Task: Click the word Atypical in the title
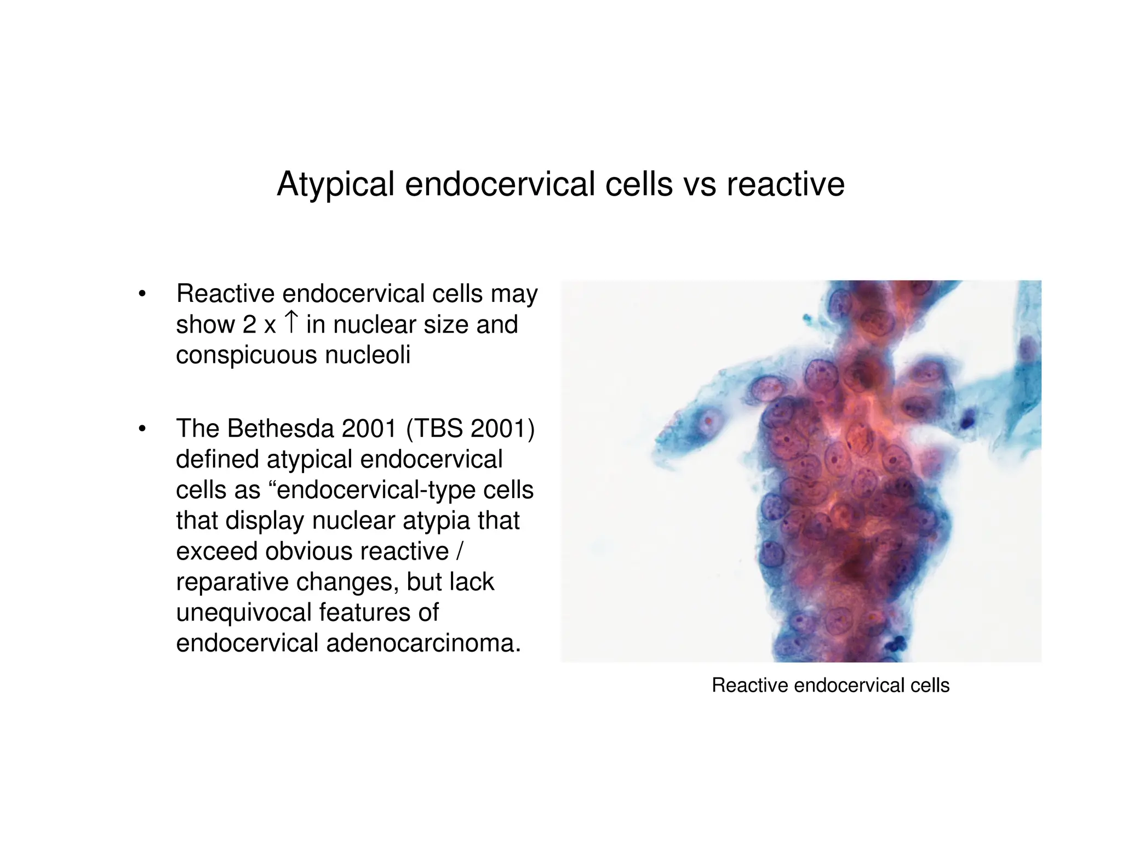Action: (335, 184)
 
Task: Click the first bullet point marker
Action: (142, 294)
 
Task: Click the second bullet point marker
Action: (142, 429)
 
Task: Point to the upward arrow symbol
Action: (291, 322)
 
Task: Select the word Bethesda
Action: (280, 429)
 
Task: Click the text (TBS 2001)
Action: (470, 429)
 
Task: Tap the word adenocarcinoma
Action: (423, 643)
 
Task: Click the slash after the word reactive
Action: (459, 551)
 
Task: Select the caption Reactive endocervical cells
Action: (830, 686)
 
